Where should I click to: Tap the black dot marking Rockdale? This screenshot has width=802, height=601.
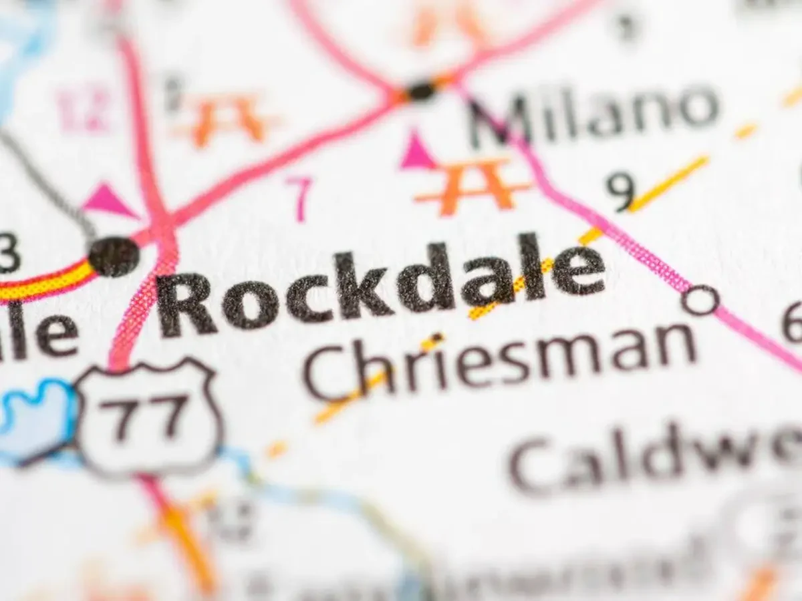pyautogui.click(x=114, y=256)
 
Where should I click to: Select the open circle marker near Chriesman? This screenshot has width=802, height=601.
pyautogui.click(x=700, y=299)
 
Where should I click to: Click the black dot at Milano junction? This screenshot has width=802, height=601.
pyautogui.click(x=422, y=90)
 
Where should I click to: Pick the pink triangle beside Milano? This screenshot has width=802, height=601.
pyautogui.click(x=417, y=152)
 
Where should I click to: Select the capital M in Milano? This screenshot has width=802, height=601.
pyautogui.click(x=497, y=120)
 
